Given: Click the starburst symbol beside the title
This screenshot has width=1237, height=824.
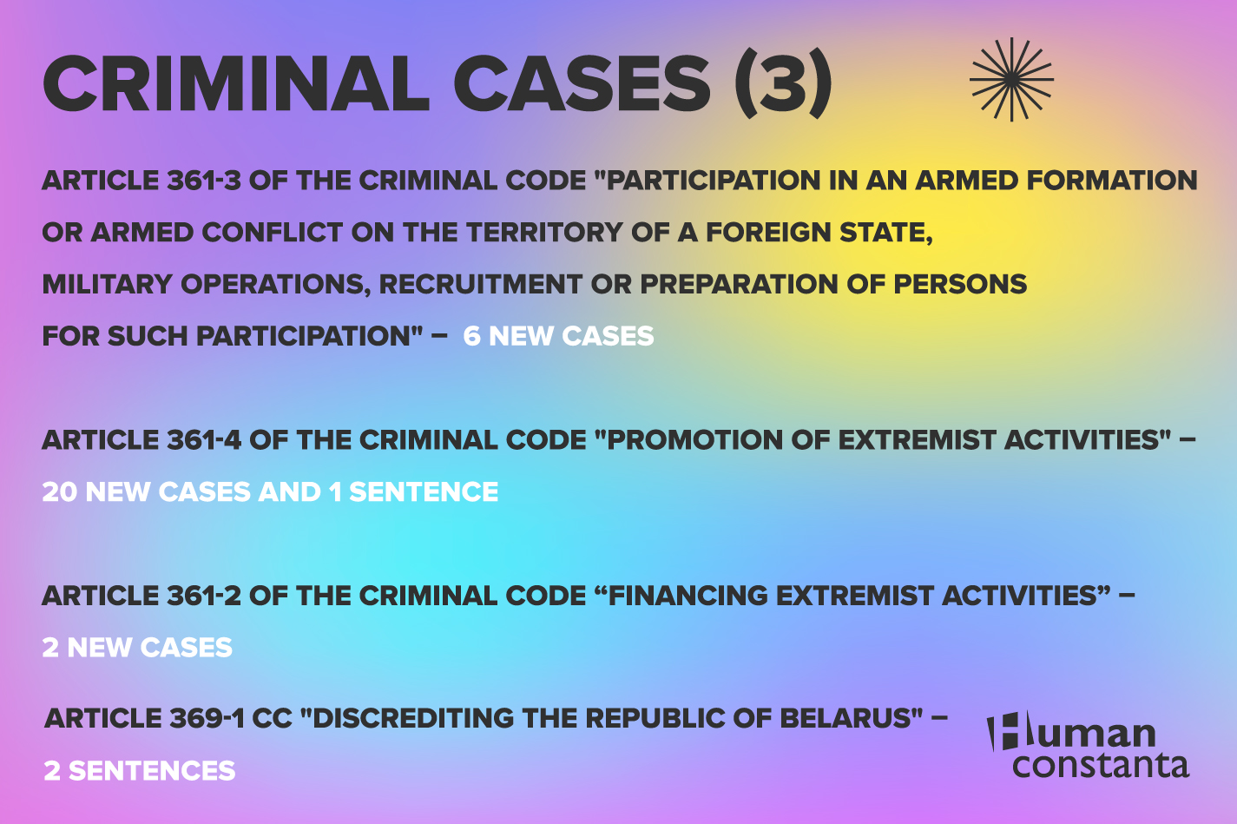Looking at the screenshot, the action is [1011, 80].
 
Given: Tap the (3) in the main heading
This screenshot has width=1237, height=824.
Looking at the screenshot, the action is [783, 84].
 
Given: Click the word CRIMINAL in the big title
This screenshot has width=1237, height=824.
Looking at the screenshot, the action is [236, 84].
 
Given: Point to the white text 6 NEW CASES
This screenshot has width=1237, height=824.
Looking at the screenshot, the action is [558, 336].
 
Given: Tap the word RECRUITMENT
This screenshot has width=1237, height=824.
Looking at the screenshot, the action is [480, 285].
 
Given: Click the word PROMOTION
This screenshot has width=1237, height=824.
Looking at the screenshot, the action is [694, 440].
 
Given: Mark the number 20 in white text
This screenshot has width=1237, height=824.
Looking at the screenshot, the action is [60, 492].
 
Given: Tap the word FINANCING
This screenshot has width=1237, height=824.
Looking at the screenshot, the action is [688, 596].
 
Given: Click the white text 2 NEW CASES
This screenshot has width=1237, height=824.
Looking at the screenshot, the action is [137, 648].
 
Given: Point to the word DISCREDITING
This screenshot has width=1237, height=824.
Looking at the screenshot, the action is [413, 719].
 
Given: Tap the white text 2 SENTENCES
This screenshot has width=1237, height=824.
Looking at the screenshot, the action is [140, 771].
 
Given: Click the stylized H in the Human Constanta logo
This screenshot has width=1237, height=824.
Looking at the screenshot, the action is [1003, 732].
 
